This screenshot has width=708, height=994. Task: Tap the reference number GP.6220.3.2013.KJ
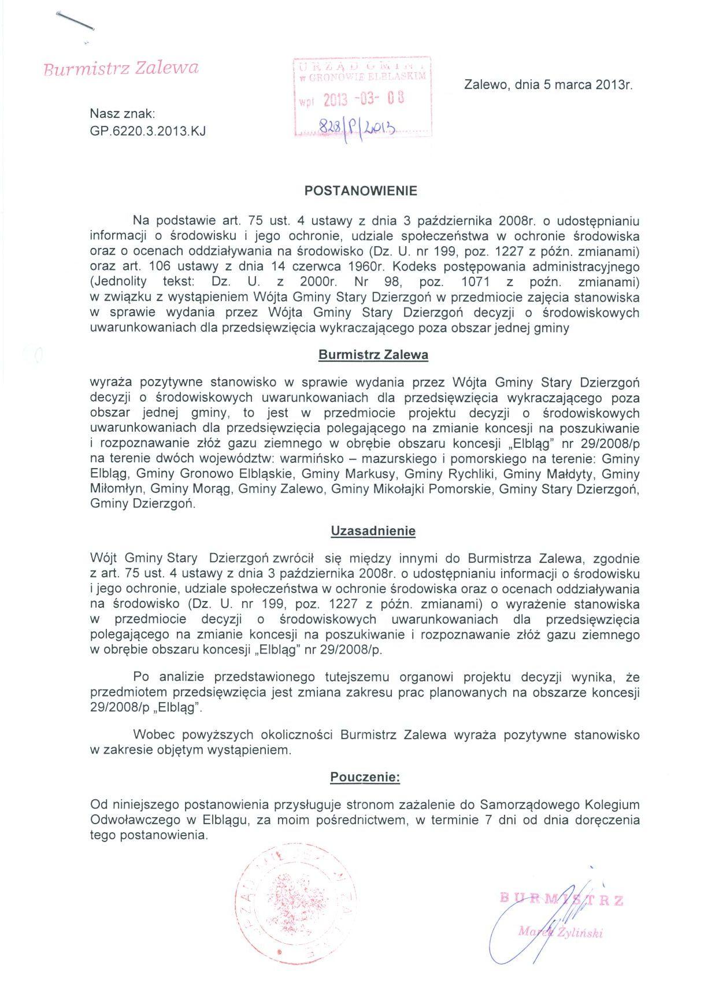(x=148, y=131)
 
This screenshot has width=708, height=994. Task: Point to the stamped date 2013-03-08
(x=362, y=99)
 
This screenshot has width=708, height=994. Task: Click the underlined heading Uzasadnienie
(x=373, y=531)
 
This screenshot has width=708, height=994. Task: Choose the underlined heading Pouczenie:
(x=365, y=777)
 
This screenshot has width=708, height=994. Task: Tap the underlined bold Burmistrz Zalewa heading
(x=373, y=355)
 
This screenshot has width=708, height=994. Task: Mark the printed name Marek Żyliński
(x=561, y=932)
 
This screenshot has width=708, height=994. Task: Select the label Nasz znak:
(x=123, y=116)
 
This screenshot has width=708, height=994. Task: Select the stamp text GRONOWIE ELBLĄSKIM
(x=368, y=76)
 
